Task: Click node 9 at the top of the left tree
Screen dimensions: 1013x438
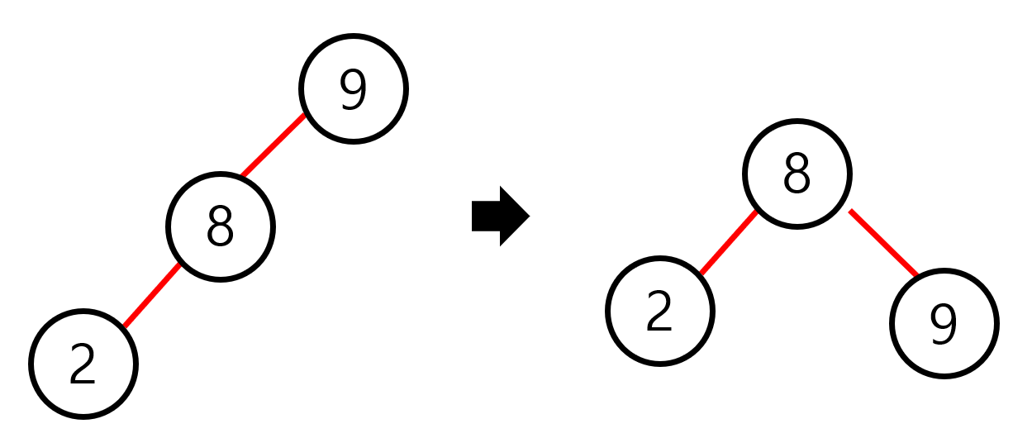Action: (x=354, y=89)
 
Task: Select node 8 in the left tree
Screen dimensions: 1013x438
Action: (x=220, y=226)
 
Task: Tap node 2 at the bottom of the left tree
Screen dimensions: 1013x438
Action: (x=83, y=364)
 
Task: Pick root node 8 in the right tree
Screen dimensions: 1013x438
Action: (x=797, y=174)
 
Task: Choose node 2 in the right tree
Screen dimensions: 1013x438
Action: (x=659, y=312)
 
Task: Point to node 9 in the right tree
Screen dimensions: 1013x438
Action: (x=944, y=324)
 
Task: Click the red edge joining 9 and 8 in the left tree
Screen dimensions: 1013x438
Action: (x=273, y=146)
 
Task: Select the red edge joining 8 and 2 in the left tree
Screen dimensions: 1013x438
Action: (x=152, y=294)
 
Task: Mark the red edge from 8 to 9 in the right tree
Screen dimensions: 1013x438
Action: (x=883, y=243)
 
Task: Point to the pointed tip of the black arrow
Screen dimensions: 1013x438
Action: (x=527, y=217)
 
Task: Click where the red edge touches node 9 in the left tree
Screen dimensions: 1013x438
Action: (x=305, y=116)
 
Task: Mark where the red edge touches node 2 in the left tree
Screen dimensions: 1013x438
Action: (x=124, y=325)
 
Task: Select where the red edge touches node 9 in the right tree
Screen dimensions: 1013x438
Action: (x=916, y=274)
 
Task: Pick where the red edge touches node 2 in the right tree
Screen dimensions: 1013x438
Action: (x=701, y=274)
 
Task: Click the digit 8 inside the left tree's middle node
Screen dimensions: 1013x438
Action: (x=220, y=226)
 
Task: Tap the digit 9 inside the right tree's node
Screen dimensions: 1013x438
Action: (x=944, y=324)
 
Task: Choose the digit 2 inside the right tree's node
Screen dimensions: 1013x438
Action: (x=659, y=312)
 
